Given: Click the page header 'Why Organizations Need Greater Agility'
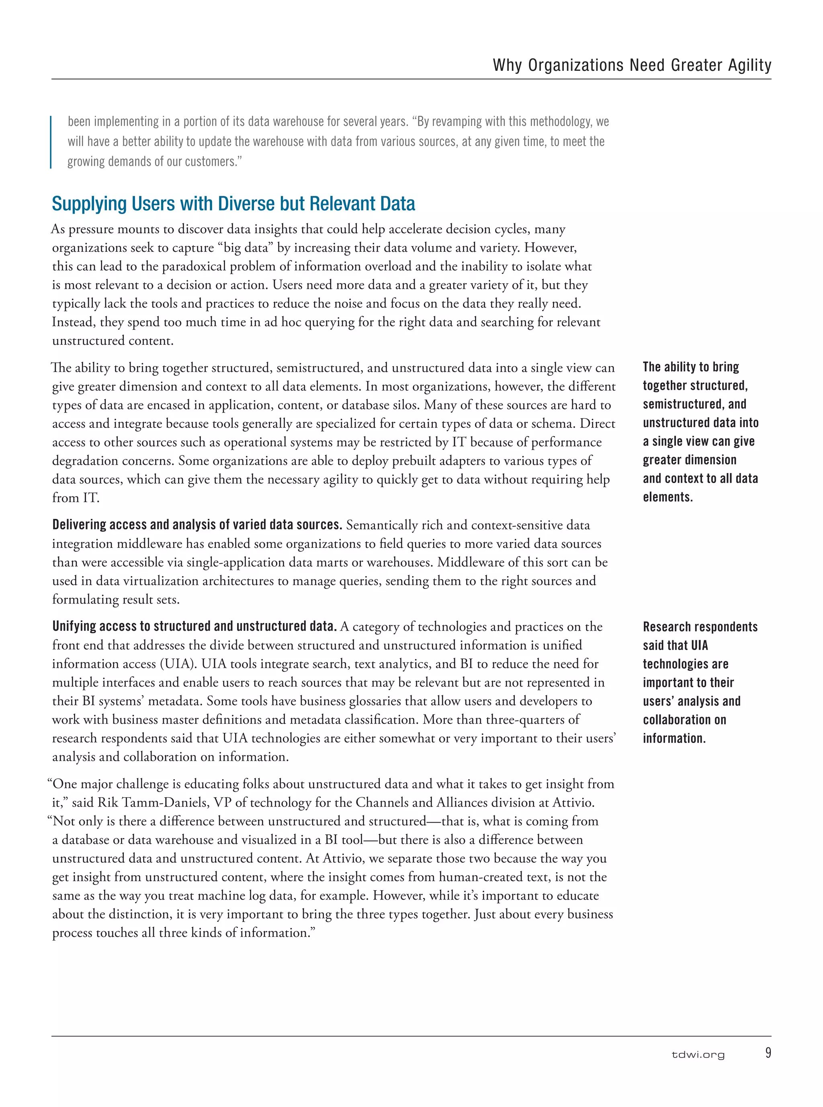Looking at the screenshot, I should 632,65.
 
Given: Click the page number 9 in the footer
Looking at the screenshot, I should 768,1053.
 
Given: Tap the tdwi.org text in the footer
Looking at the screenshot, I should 698,1055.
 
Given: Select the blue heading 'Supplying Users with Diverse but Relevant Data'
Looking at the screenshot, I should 233,204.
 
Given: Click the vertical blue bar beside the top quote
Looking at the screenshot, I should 51,142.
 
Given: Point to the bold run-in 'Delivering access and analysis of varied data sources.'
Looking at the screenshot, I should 197,525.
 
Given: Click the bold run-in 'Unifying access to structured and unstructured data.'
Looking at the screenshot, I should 194,626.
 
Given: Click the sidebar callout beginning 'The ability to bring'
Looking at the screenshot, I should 700,432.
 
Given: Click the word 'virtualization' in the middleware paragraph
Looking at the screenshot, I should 154,581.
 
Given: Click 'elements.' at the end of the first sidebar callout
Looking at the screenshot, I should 667,497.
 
